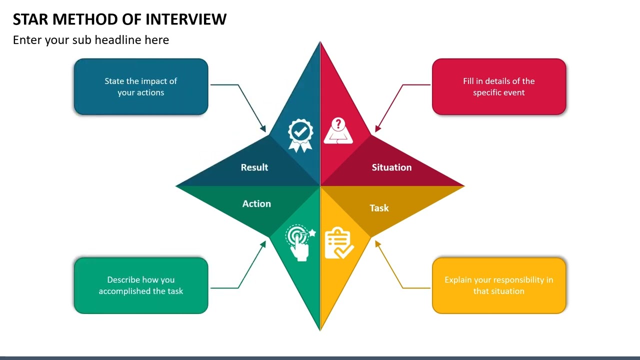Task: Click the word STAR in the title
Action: (30, 19)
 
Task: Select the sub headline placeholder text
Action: (91, 40)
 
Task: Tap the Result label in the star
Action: (254, 167)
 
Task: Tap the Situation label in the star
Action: (391, 167)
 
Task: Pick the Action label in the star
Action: (256, 203)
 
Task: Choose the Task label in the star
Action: (379, 208)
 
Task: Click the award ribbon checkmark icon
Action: (300, 134)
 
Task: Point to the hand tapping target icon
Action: (300, 242)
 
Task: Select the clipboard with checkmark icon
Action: (339, 243)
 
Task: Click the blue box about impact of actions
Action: (141, 87)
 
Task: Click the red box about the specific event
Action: (499, 87)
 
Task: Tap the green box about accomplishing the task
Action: (141, 285)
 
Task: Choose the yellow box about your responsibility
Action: (499, 285)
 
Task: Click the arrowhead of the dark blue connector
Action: (263, 129)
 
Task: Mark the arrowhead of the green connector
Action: (263, 243)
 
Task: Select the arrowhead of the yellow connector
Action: (377, 243)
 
